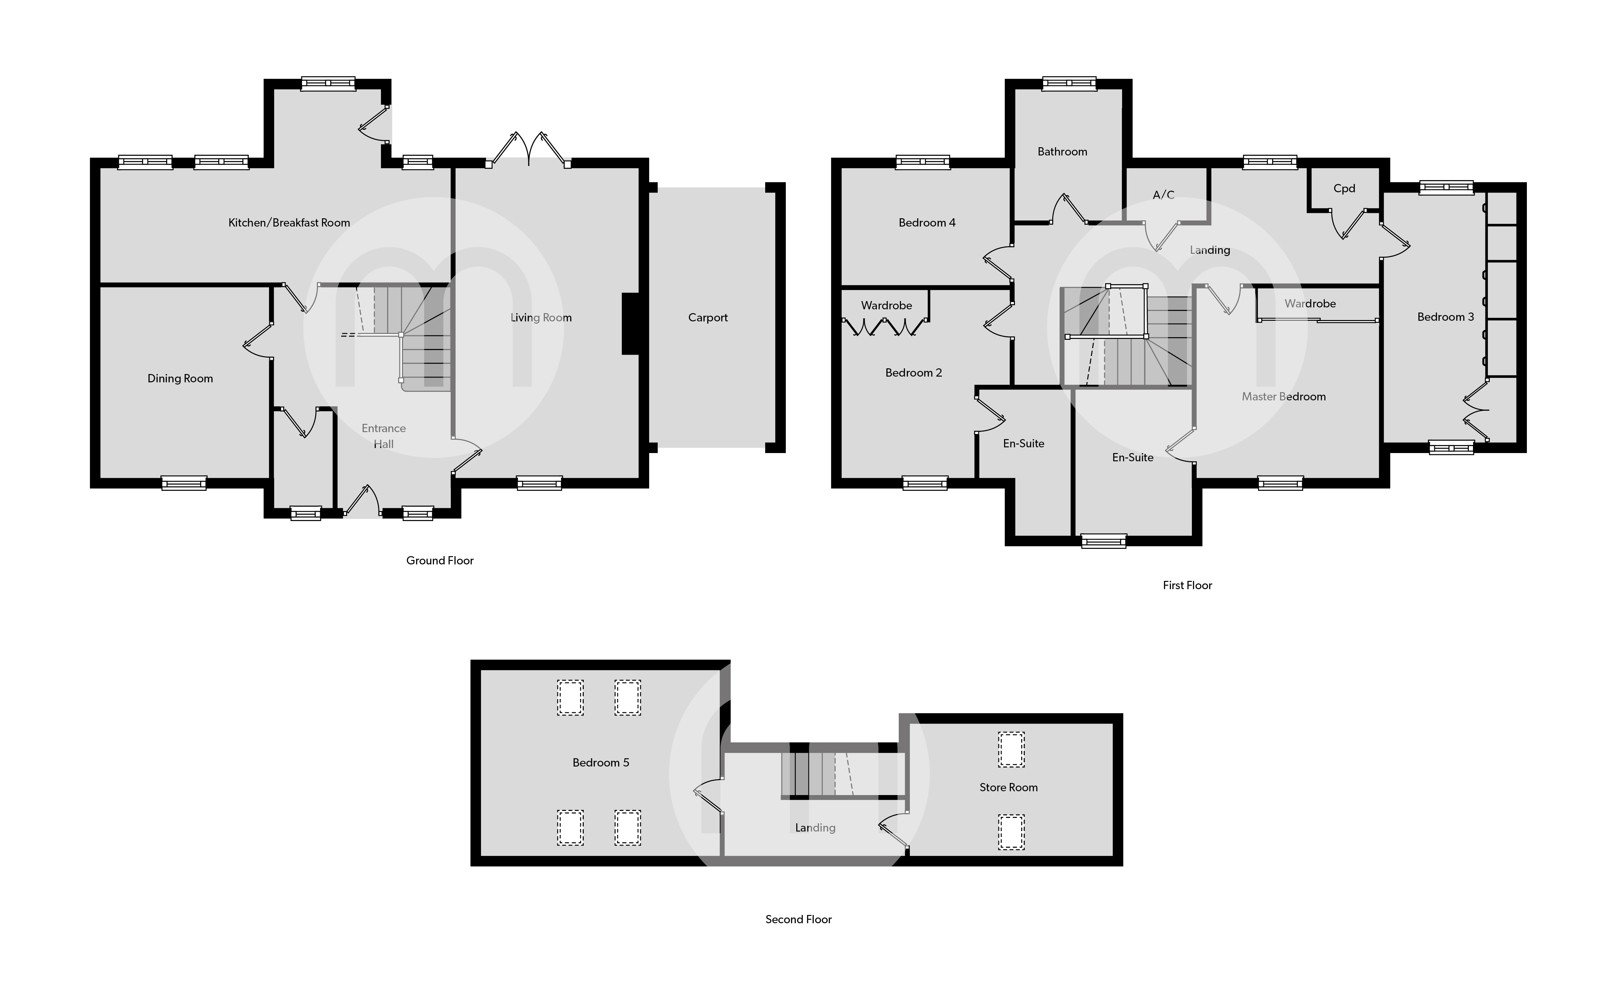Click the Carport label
[708, 318]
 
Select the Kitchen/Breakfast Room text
[289, 223]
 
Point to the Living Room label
[541, 318]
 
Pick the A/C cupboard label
[1163, 195]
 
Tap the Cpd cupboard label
[1344, 188]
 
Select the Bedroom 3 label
[1445, 317]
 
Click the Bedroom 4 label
[927, 223]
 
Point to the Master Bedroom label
[1283, 397]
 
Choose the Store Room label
[1008, 788]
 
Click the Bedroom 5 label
[601, 763]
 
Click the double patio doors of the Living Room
[528, 149]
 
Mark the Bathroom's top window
[1069, 83]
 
